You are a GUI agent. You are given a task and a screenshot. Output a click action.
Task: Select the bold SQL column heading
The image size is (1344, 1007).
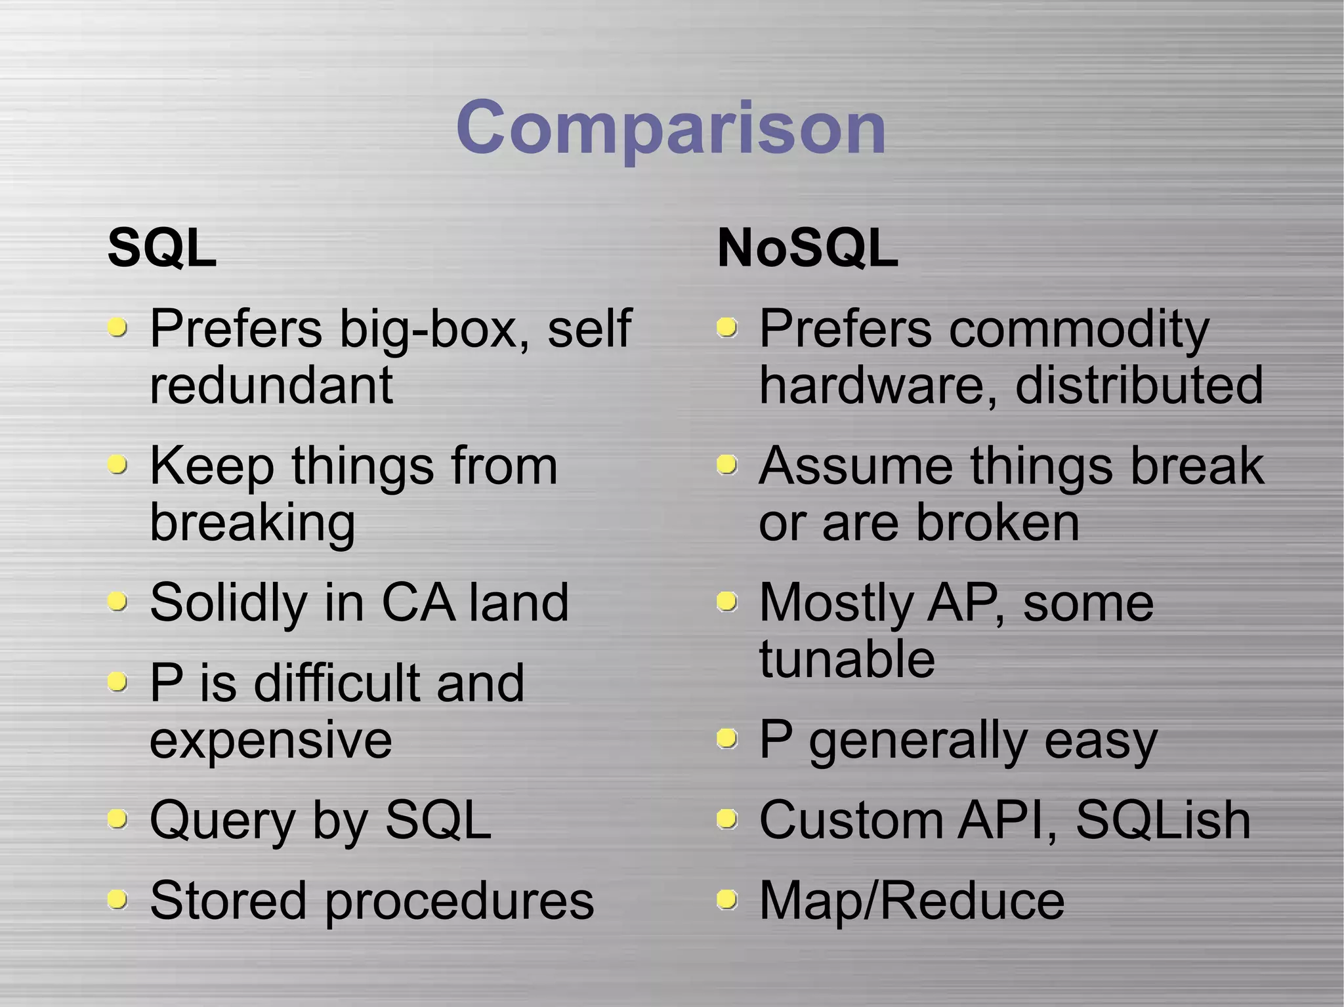(x=162, y=248)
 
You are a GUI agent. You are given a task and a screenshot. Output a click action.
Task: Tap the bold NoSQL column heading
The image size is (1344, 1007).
(x=807, y=248)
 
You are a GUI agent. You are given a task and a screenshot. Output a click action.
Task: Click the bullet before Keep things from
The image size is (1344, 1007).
(x=117, y=465)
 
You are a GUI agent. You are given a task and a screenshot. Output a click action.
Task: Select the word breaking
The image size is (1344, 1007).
(x=253, y=523)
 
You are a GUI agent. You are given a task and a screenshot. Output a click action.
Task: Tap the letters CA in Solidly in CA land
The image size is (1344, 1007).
(x=418, y=602)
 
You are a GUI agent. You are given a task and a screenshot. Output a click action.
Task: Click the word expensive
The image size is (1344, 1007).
(x=271, y=740)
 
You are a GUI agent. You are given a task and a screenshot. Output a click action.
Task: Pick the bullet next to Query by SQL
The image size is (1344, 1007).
(x=117, y=819)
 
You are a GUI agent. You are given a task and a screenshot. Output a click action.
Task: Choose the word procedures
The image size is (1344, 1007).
(x=459, y=901)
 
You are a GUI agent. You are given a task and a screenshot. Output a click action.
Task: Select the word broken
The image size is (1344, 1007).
(x=997, y=523)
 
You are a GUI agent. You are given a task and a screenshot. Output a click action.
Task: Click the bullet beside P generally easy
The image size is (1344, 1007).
(x=726, y=740)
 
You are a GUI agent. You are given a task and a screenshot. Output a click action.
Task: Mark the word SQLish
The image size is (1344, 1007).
(x=1163, y=819)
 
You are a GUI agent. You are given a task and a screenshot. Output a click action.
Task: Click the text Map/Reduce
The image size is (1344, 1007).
(x=912, y=901)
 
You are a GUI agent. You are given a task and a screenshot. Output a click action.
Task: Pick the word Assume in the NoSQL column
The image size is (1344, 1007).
(x=855, y=466)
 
